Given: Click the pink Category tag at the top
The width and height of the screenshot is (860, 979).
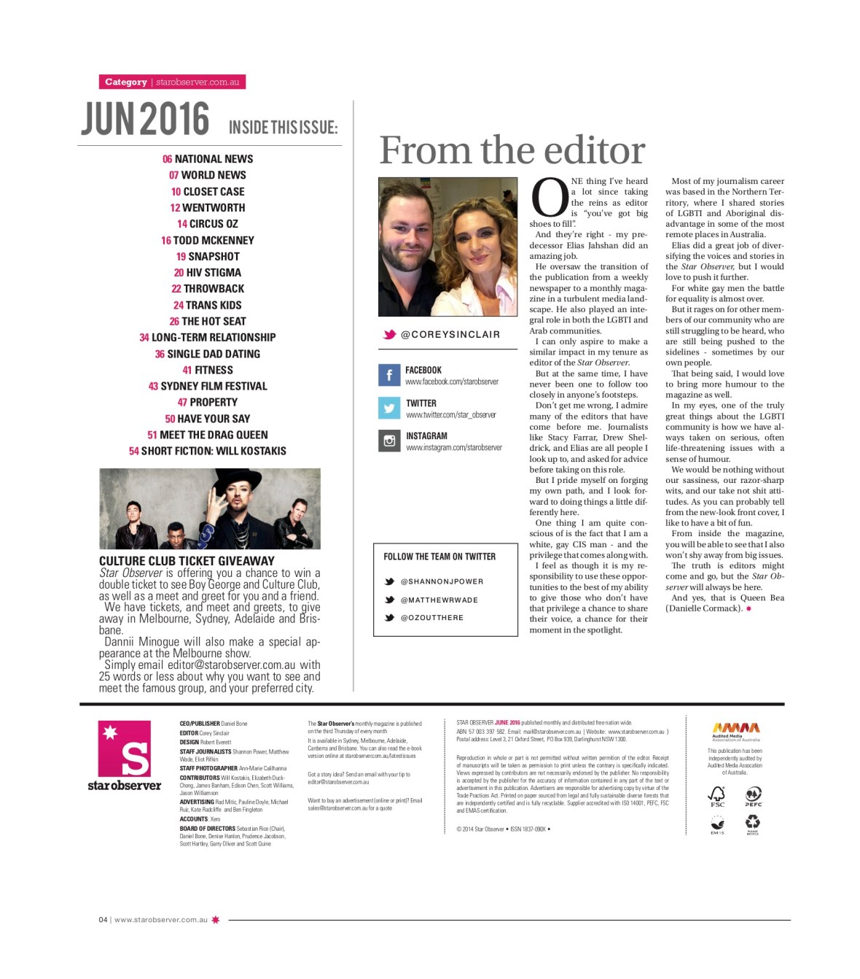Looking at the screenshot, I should pyautogui.click(x=126, y=82).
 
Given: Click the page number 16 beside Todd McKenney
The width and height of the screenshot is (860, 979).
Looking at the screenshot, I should pyautogui.click(x=166, y=241).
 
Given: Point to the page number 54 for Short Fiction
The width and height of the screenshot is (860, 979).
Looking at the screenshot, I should pyautogui.click(x=134, y=452).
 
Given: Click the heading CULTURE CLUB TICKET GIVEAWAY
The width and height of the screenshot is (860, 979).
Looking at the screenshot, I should pyautogui.click(x=187, y=561).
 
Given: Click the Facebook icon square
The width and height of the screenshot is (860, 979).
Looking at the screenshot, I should pyautogui.click(x=389, y=375).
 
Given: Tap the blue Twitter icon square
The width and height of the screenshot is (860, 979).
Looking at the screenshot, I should pyautogui.click(x=389, y=408).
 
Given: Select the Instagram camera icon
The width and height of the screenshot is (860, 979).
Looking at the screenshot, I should pyautogui.click(x=389, y=441).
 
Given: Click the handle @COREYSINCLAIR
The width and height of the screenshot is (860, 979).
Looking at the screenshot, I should pyautogui.click(x=450, y=335).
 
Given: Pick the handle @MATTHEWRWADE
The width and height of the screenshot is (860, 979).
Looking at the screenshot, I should pyautogui.click(x=439, y=600).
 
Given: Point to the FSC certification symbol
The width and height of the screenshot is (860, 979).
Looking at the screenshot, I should pyautogui.click(x=717, y=795).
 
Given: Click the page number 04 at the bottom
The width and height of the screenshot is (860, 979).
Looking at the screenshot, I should pyautogui.click(x=103, y=920).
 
